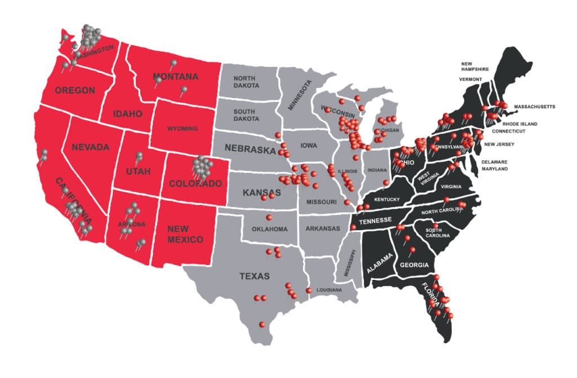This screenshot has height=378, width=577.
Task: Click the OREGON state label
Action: tap(74, 90)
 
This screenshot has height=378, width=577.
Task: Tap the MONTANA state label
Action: tap(175, 77)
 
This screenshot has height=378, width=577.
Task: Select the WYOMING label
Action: tap(182, 129)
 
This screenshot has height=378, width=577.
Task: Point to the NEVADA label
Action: tap(90, 147)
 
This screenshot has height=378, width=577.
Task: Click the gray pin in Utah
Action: tap(139, 156)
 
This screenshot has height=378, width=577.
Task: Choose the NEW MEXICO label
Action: tap(185, 234)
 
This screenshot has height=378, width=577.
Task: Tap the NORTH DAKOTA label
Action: tap(247, 82)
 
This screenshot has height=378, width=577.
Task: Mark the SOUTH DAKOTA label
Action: tap(247, 115)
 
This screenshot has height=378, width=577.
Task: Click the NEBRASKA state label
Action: tap(250, 149)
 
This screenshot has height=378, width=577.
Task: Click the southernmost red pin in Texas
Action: tap(262, 324)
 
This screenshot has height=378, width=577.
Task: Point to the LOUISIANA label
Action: tap(329, 290)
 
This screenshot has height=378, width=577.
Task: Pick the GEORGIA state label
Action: tap(414, 265)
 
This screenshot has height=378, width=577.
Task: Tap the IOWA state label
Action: tap(308, 145)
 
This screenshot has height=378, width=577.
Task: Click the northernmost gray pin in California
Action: tap(44, 152)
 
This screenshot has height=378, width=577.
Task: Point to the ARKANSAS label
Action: tap(323, 228)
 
